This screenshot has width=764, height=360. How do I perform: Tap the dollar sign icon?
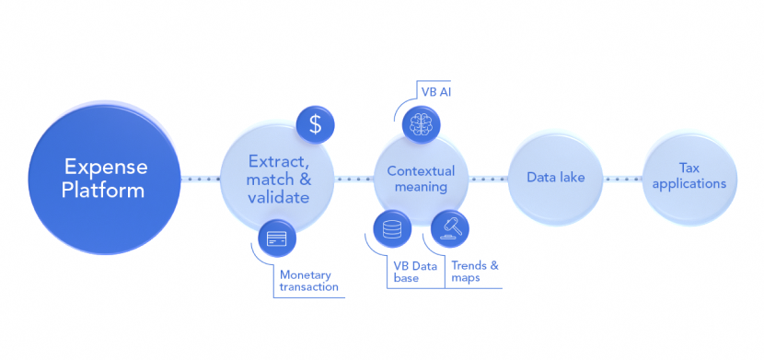click(x=315, y=125)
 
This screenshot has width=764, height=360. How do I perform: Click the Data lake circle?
click(x=551, y=179)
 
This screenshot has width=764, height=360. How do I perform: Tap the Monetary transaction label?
click(x=308, y=281)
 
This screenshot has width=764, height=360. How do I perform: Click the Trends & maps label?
click(x=476, y=271)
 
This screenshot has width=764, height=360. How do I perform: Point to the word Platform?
click(x=104, y=191)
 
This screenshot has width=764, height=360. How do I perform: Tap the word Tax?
click(x=689, y=168)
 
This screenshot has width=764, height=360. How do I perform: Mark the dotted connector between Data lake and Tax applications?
click(x=619, y=179)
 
